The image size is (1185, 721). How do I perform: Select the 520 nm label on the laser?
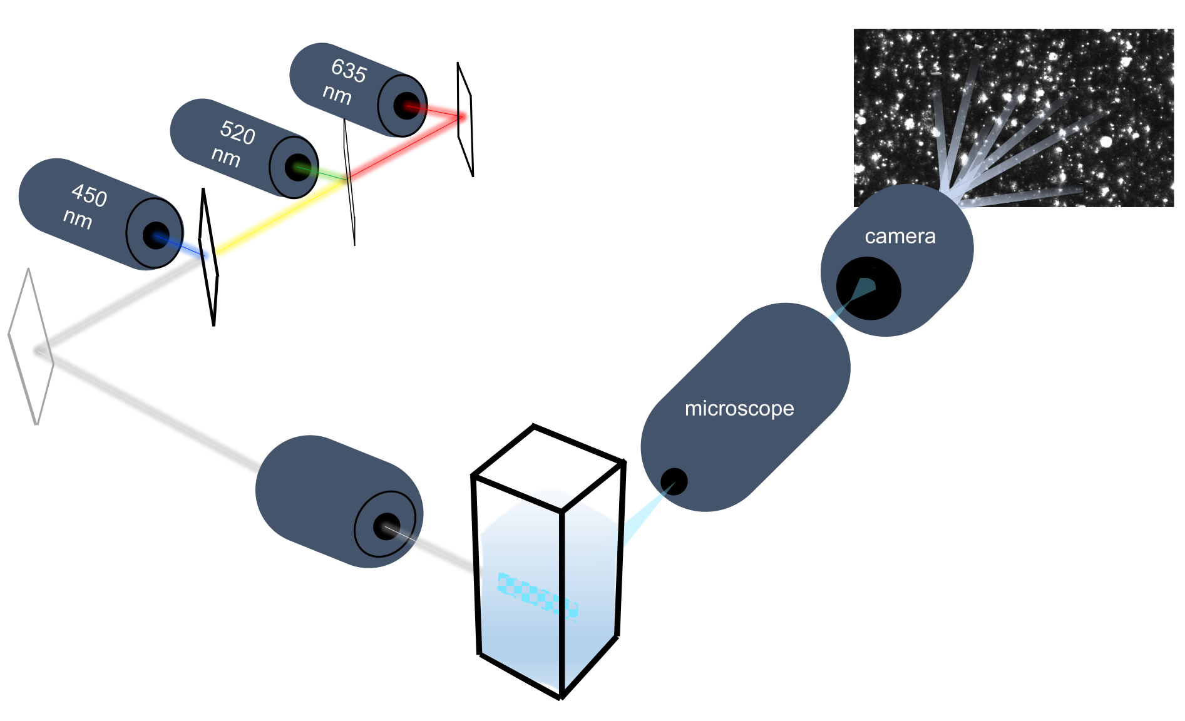click(232, 144)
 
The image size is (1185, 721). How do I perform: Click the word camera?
click(900, 237)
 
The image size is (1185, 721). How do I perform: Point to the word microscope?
click(739, 409)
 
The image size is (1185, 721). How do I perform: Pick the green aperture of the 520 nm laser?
click(297, 167)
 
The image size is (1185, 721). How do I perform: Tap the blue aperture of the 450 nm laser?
click(156, 235)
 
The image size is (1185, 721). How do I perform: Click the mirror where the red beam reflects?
click(465, 119)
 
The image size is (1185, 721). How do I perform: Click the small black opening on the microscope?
click(674, 481)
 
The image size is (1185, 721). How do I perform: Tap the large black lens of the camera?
click(868, 289)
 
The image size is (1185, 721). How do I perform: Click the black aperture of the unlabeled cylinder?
click(386, 526)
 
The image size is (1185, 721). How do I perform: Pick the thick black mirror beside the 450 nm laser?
click(209, 257)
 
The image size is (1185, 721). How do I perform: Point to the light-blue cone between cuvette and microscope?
click(645, 516)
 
